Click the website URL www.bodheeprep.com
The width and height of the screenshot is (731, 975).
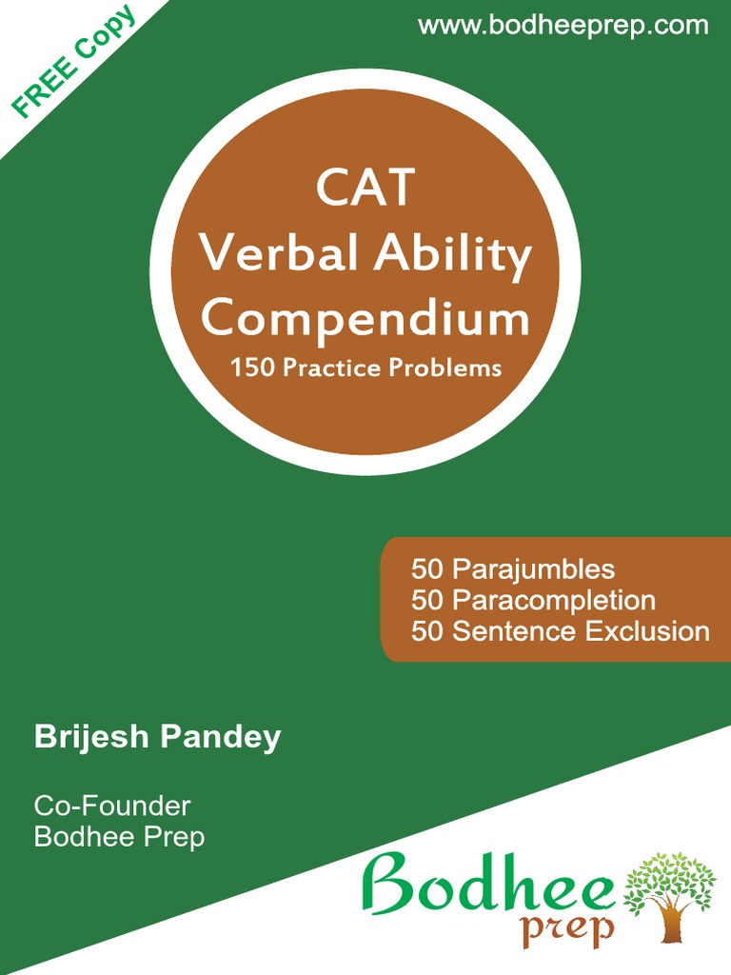tap(563, 26)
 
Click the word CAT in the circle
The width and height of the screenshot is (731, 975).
tap(365, 188)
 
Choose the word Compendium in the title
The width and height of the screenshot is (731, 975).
tap(365, 318)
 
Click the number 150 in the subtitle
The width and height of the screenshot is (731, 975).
tap(249, 368)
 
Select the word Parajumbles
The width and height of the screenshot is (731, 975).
tap(533, 569)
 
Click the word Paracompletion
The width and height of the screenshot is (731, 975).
tap(553, 601)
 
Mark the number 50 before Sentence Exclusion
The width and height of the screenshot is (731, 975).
tap(427, 631)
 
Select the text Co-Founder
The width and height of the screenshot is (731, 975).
tap(112, 806)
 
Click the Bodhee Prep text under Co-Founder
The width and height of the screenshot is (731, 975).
tap(119, 837)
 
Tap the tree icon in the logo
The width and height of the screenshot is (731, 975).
tap(669, 895)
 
